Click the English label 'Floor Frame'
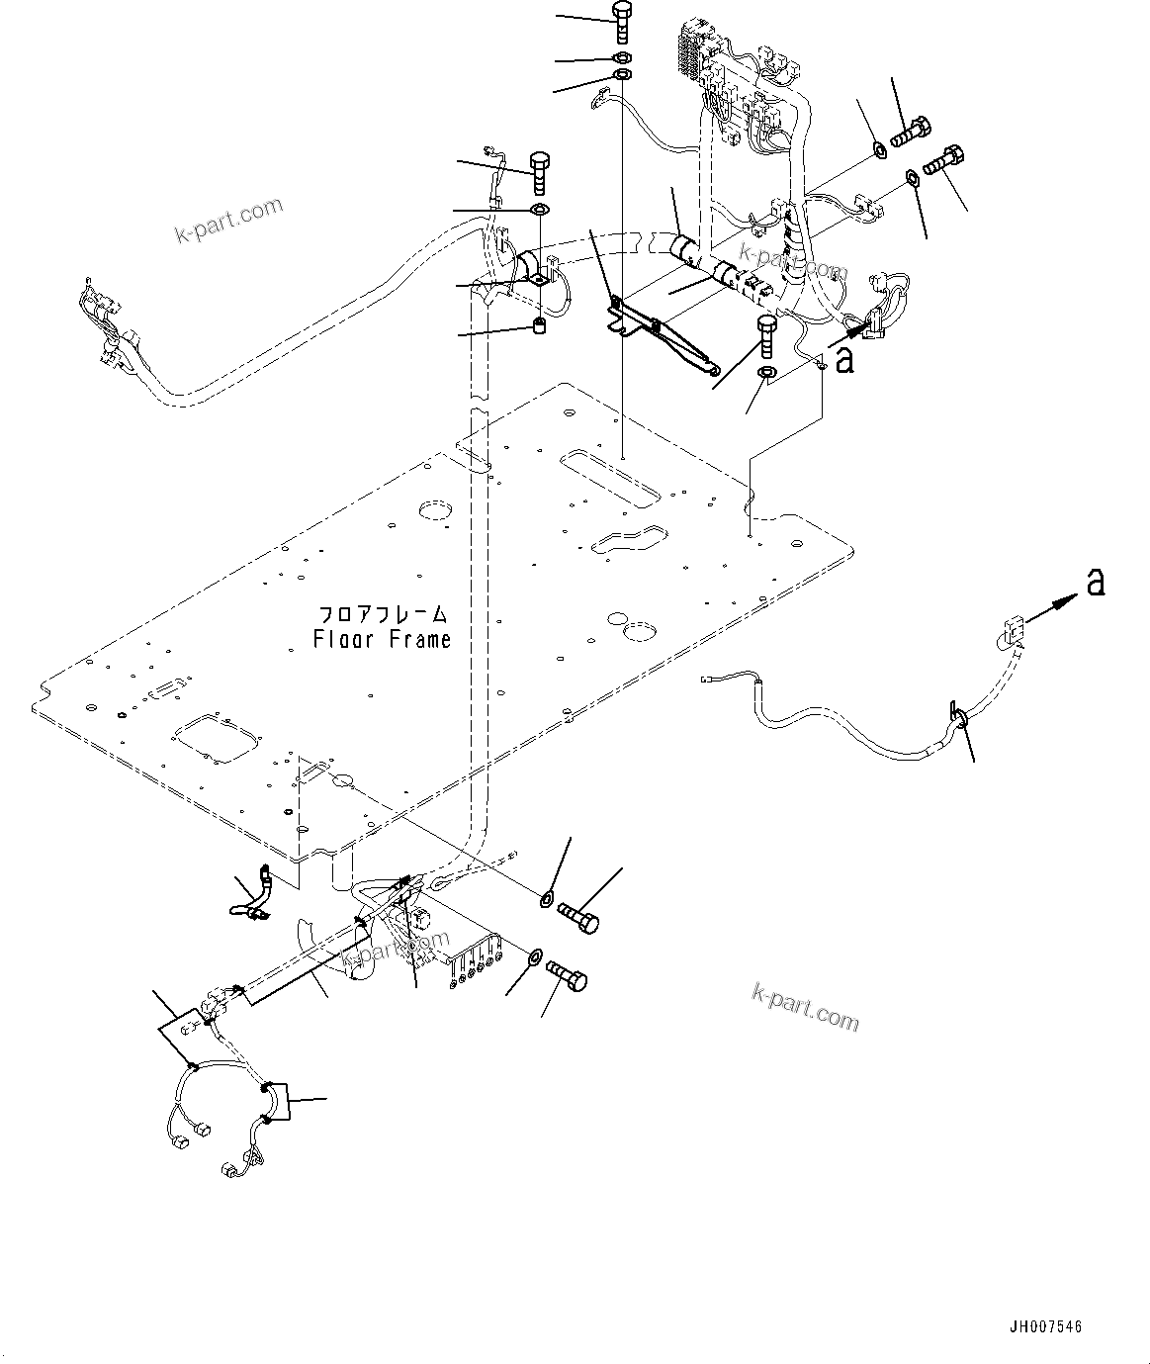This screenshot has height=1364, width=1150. (x=382, y=640)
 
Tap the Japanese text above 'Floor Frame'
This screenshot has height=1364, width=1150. (x=383, y=613)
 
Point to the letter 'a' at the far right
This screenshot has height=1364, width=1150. (x=1094, y=584)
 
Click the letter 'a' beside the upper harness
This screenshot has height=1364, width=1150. (x=843, y=361)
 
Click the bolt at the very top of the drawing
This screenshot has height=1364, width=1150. (x=621, y=20)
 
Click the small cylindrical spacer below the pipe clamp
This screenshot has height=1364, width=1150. (x=540, y=326)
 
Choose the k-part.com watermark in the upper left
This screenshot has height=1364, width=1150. (x=227, y=220)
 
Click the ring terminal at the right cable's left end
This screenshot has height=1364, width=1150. (x=707, y=679)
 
